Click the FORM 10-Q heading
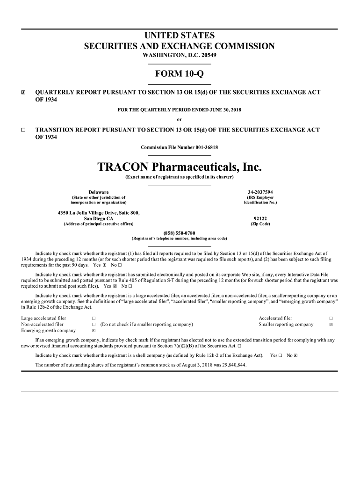[x=179, y=74]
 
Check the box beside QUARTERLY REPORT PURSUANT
[x=23, y=93]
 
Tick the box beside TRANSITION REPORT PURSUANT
[x=23, y=130]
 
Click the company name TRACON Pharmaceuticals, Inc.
[x=179, y=167]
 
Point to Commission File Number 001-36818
[x=179, y=148]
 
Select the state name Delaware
[x=99, y=192]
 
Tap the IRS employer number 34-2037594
[x=260, y=192]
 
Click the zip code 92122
[x=260, y=218]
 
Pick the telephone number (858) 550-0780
[x=179, y=233]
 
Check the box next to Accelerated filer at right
[x=331, y=319]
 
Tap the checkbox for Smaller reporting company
[x=331, y=324]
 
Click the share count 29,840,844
[x=230, y=364]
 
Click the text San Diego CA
[x=98, y=218]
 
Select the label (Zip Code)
[x=260, y=224]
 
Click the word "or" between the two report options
[x=179, y=119]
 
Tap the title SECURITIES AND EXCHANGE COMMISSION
[x=179, y=46]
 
